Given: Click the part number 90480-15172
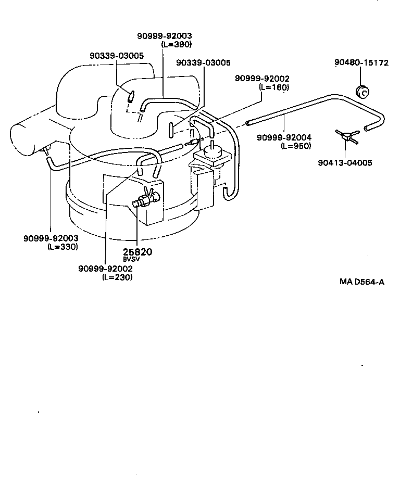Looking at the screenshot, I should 361,63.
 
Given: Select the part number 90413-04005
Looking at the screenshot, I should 345,163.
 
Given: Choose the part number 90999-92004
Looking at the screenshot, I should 284,137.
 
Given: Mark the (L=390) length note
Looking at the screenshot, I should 176,44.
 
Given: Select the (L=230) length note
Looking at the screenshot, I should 117,277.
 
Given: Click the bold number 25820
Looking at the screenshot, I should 137,252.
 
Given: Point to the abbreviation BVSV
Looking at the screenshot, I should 131,259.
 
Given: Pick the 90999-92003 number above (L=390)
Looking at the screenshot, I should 165,36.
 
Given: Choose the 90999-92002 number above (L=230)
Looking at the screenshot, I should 105,269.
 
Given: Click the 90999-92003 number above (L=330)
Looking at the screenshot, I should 51,238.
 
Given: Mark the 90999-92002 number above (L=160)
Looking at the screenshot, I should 262,79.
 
